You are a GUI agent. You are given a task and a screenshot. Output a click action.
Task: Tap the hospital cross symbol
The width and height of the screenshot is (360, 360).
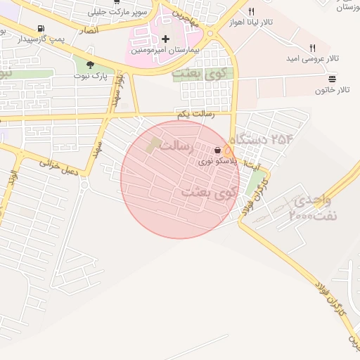click(x=165, y=39)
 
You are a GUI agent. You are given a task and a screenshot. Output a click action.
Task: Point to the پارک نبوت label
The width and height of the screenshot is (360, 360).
click(x=94, y=76)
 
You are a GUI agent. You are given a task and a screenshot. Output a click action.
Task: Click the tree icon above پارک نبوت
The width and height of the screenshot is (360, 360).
click(x=90, y=65)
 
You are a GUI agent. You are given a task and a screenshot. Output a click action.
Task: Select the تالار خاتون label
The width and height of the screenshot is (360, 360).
click(x=333, y=91)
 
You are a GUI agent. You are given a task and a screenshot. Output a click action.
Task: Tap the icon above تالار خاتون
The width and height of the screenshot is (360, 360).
click(x=332, y=80)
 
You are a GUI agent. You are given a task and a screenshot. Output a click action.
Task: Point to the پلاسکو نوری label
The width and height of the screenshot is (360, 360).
click(x=213, y=161)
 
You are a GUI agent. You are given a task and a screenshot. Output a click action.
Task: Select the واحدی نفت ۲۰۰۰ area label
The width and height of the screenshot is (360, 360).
click(x=313, y=209)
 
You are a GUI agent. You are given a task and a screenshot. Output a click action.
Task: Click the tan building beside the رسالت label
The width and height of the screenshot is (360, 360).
click(x=153, y=146)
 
